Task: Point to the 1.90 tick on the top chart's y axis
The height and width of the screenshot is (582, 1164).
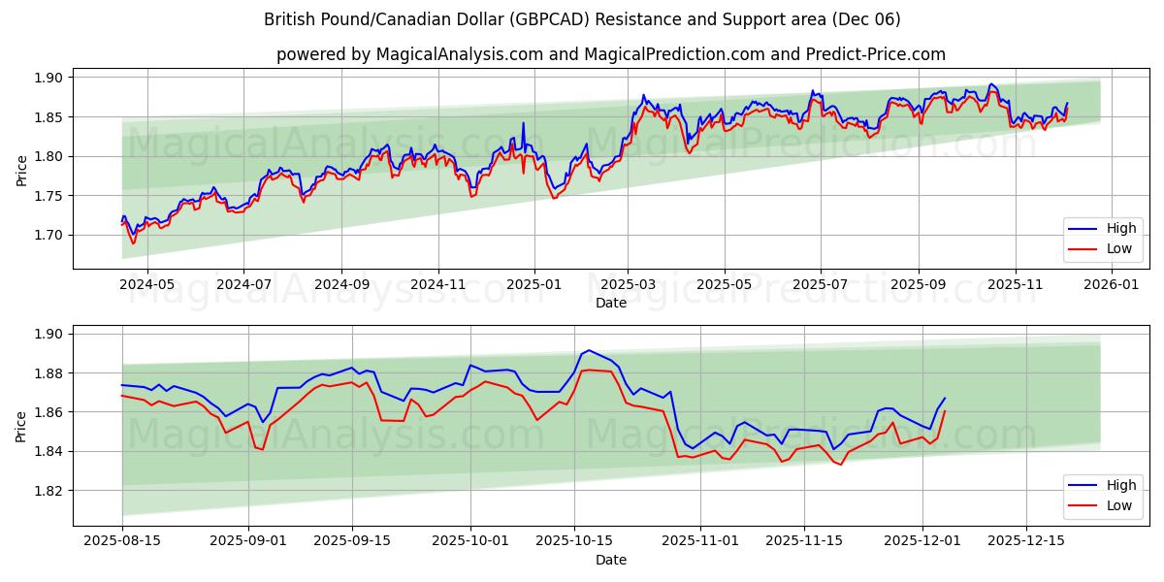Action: pyautogui.click(x=49, y=78)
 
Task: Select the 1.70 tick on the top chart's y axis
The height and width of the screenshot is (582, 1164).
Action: pyautogui.click(x=49, y=235)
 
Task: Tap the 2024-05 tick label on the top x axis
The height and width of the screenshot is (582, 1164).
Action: pyautogui.click(x=147, y=285)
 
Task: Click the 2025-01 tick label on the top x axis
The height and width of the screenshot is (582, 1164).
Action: pyautogui.click(x=533, y=285)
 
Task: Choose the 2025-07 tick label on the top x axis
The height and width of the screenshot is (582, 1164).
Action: pyautogui.click(x=821, y=285)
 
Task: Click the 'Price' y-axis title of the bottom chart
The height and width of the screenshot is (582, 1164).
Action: pyautogui.click(x=22, y=426)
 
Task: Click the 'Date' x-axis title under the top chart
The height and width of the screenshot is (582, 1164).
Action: pyautogui.click(x=611, y=303)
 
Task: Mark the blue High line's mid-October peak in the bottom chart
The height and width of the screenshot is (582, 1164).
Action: pyautogui.click(x=588, y=350)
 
